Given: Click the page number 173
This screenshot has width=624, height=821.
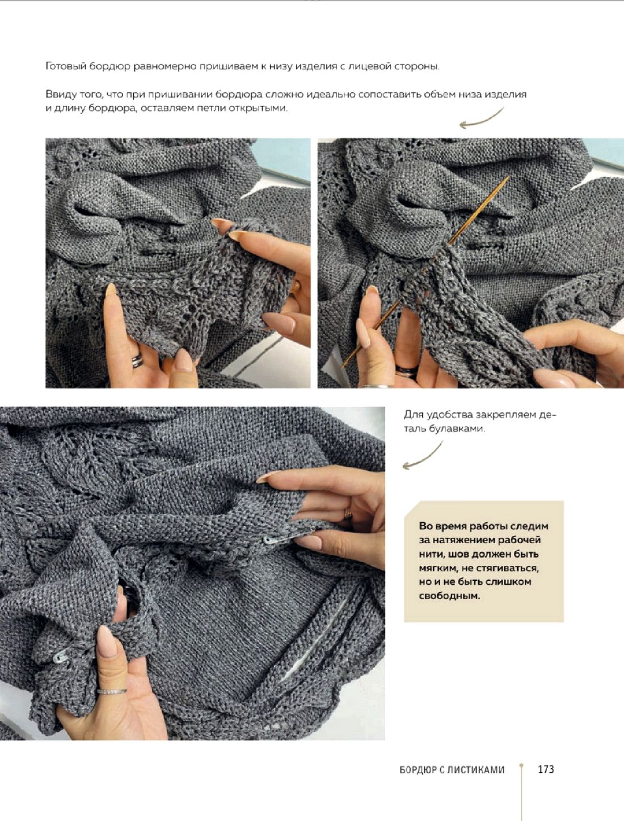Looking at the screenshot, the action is pyautogui.click(x=546, y=769).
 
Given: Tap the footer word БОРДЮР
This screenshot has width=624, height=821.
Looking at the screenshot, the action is pyautogui.click(x=416, y=770).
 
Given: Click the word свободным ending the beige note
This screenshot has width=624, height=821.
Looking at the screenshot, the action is pyautogui.click(x=449, y=596).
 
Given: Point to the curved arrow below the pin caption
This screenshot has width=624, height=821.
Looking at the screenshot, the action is pyautogui.click(x=422, y=456).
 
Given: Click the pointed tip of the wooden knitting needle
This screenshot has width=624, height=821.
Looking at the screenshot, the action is pyautogui.click(x=508, y=177).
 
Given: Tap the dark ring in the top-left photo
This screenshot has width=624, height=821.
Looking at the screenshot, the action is pyautogui.click(x=137, y=360).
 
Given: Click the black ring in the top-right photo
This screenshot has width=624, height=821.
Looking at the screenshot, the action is pyautogui.click(x=407, y=371).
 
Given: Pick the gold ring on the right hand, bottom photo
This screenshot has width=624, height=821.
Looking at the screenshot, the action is pyautogui.click(x=348, y=513).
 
